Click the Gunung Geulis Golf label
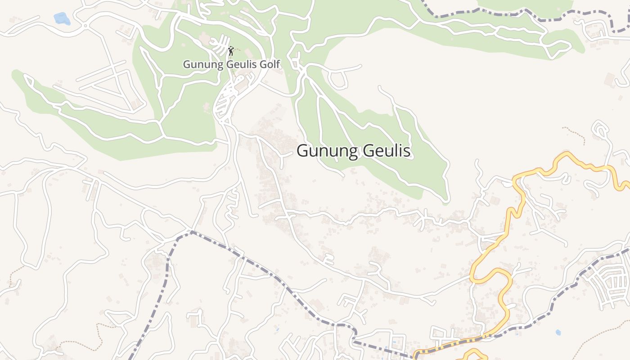pyautogui.click(x=231, y=64)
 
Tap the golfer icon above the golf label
pyautogui.click(x=231, y=50)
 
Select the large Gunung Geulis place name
pyautogui.click(x=354, y=151)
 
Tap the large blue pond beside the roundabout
pyautogui.click(x=61, y=18)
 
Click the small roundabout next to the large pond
pyautogui.click(x=85, y=26)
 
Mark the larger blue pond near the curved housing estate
pyautogui.click(x=558, y=333)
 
